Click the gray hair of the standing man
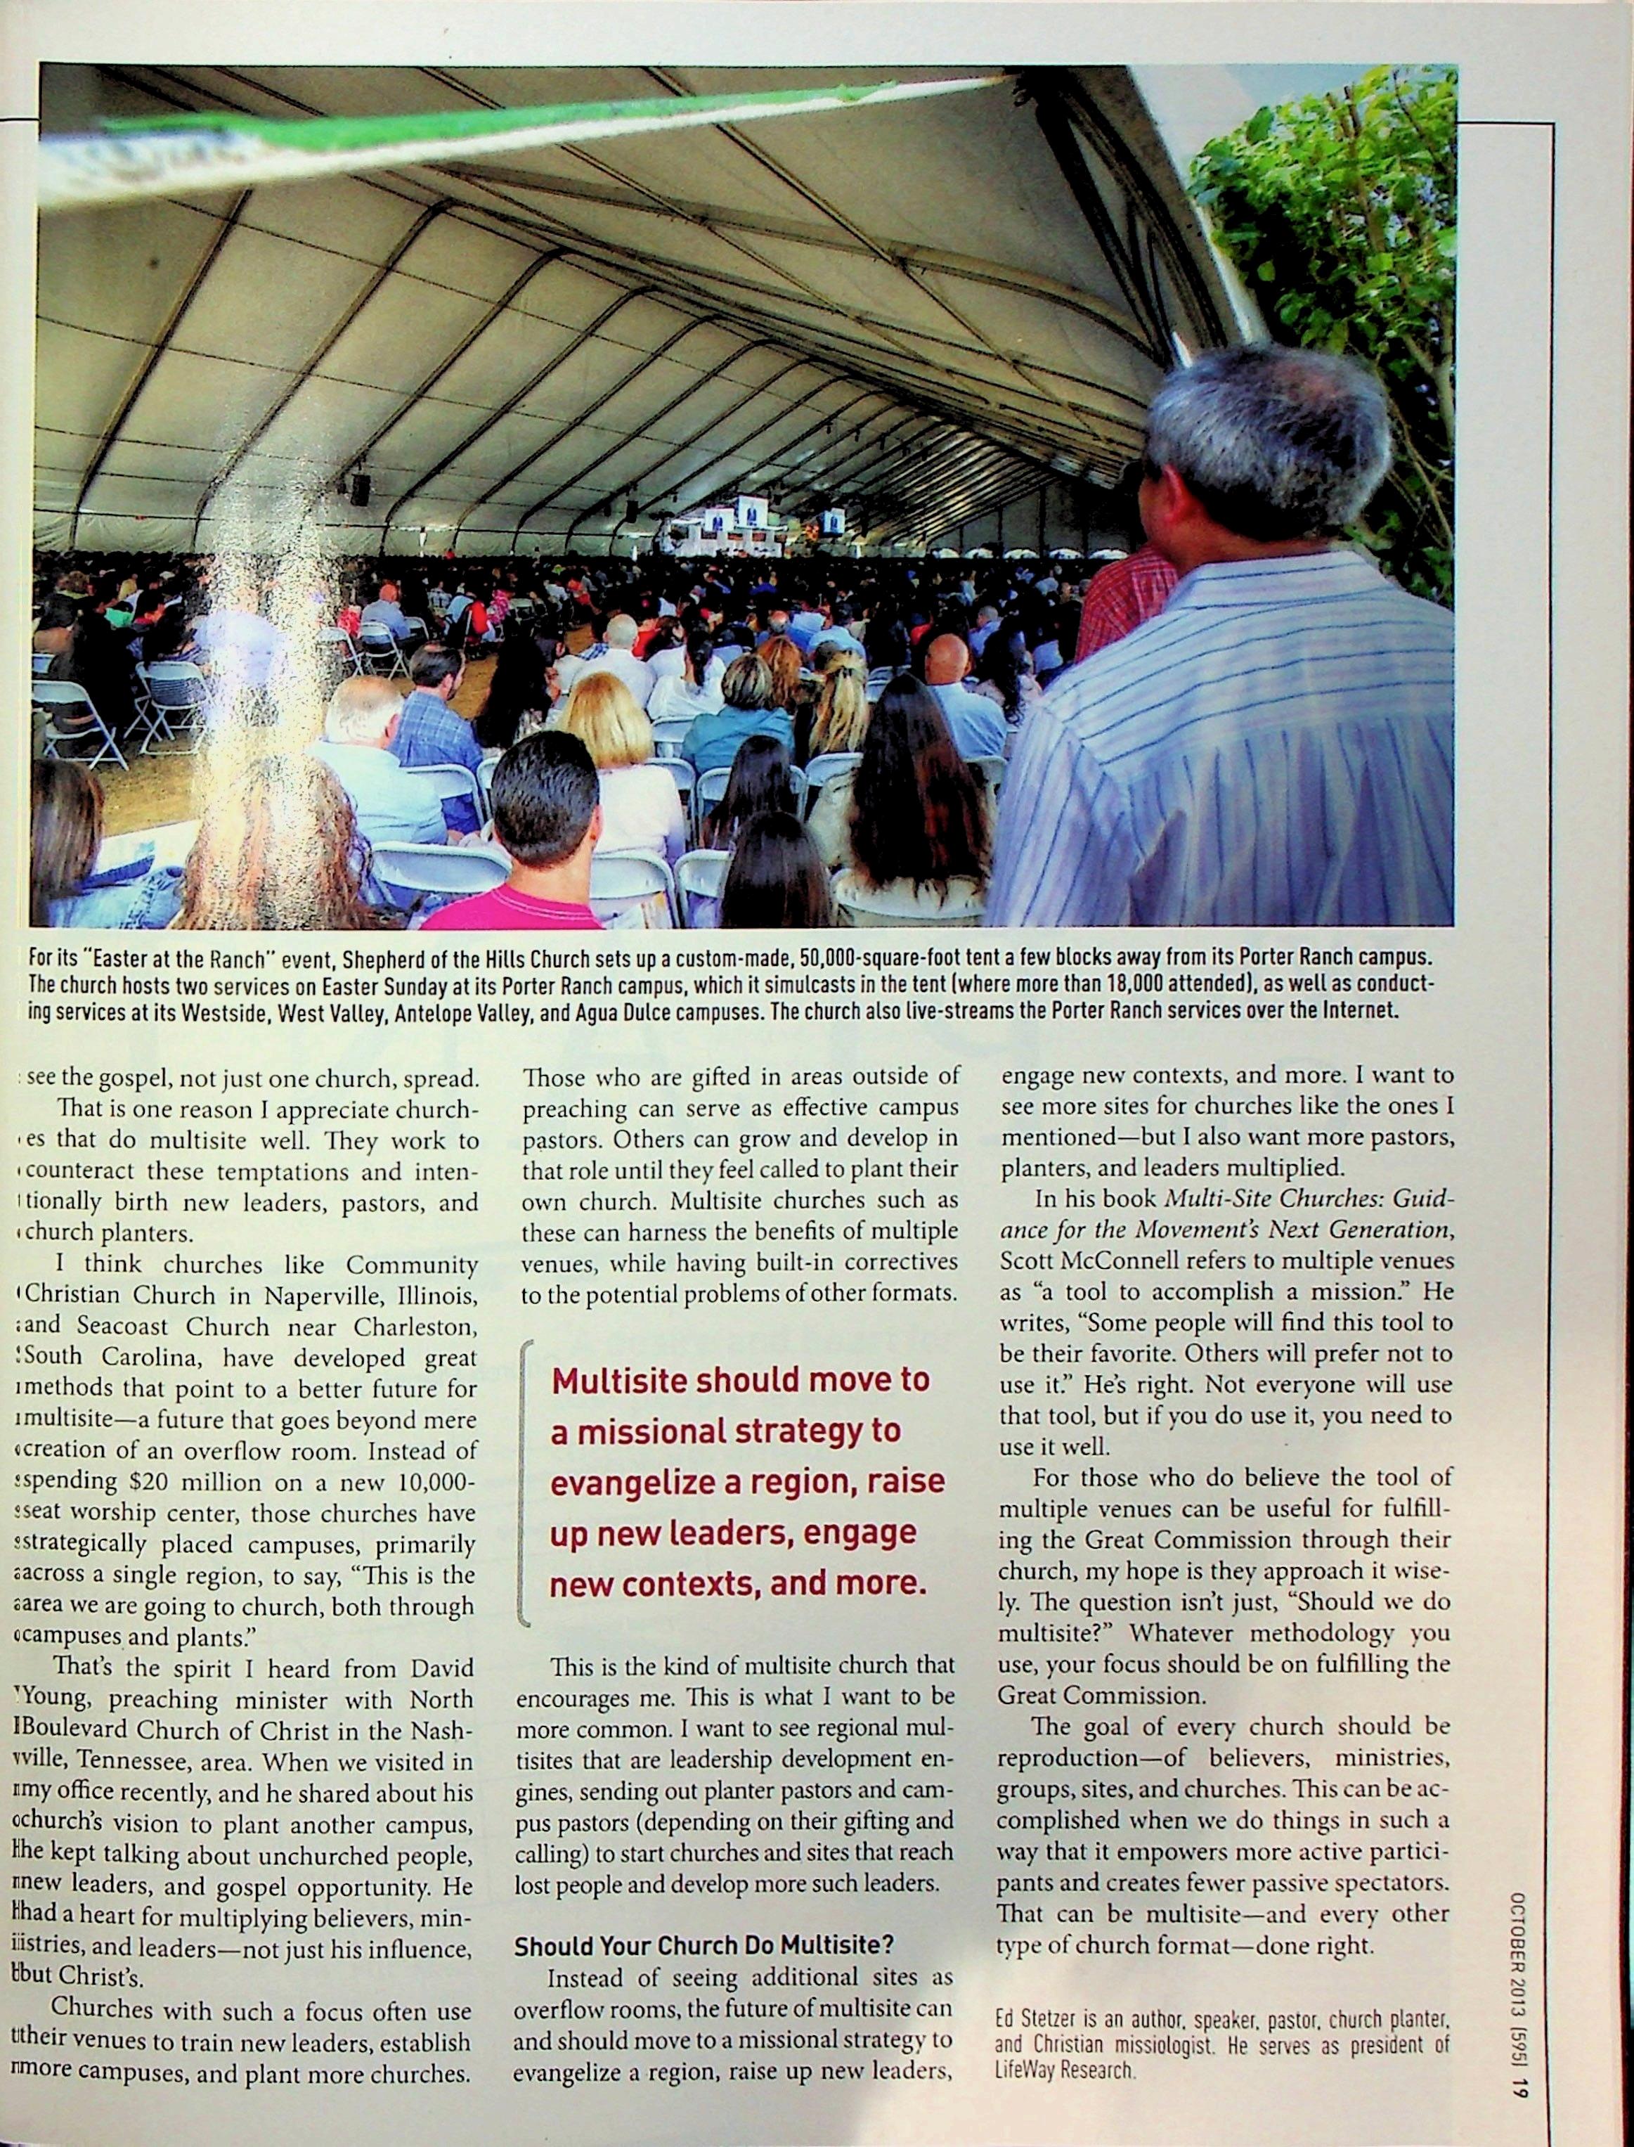click(x=1264, y=418)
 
